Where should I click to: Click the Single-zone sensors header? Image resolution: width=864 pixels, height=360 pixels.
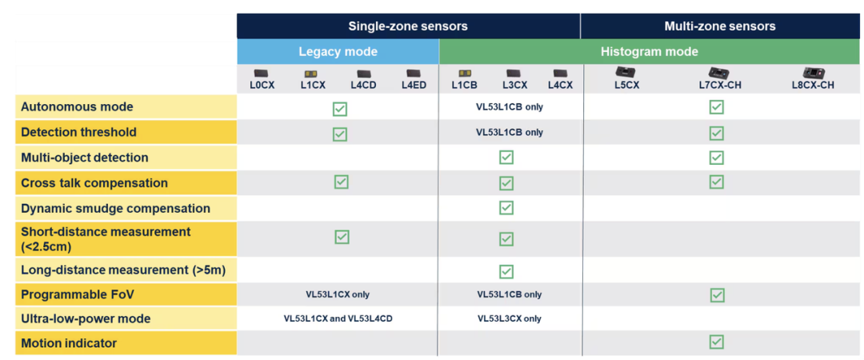point(408,26)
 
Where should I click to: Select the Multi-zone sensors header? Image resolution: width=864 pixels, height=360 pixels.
point(720,26)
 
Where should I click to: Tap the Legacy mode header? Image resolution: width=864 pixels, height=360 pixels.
point(338,52)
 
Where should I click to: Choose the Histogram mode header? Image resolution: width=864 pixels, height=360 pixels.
point(649,52)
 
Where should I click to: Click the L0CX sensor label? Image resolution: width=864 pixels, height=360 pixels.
point(262,86)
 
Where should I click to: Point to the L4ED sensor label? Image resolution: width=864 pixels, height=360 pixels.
point(414,86)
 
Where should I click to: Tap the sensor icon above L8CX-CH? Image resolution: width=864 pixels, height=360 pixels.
point(813,74)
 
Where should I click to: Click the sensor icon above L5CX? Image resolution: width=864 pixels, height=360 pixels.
point(626,72)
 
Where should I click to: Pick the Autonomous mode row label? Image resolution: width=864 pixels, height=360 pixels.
point(77,106)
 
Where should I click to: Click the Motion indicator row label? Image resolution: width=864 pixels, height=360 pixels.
point(69,343)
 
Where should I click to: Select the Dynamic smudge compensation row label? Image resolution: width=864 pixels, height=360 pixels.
point(116,208)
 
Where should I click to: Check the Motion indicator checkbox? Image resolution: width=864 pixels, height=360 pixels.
point(716,342)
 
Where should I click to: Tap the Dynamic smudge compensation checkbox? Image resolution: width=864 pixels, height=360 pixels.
point(506,208)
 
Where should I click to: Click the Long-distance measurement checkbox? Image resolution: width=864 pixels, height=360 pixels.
point(506,271)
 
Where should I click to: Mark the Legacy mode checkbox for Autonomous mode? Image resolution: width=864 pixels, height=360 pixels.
point(340,109)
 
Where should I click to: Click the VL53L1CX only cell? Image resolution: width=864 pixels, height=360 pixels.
point(338,294)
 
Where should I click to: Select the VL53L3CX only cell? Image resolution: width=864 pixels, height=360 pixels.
point(509,318)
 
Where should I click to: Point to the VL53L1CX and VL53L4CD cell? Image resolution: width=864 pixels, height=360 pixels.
point(338,318)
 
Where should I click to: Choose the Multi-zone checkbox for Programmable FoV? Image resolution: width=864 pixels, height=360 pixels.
point(717,295)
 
